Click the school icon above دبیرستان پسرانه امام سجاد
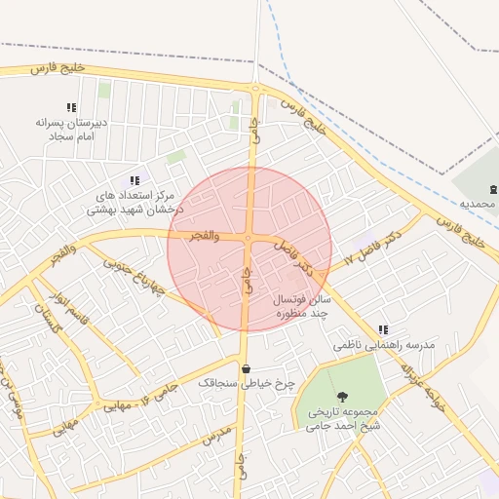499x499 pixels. point(70,107)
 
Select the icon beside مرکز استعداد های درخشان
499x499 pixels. point(134,180)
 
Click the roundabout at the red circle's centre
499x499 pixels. point(249,239)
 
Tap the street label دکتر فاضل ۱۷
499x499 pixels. point(373,249)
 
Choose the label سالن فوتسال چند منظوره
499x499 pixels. point(304,307)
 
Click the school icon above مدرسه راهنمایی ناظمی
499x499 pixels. point(383,329)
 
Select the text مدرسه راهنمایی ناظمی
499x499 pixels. point(383,346)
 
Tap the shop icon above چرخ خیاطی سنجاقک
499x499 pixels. point(245,368)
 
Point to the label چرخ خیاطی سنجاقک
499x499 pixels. point(246,384)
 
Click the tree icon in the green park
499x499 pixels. point(342,396)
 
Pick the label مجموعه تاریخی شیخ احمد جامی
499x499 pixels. point(342,418)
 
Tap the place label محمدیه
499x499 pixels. point(479,205)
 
